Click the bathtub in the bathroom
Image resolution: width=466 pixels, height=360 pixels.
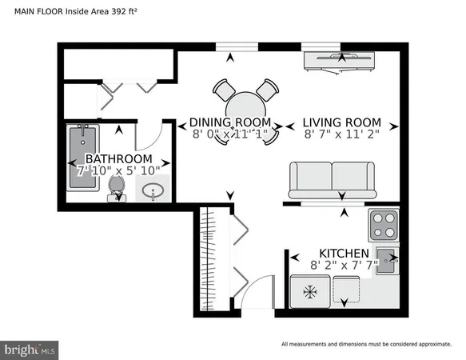82,158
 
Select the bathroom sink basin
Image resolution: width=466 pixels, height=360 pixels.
154,192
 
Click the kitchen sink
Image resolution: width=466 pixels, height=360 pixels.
386,260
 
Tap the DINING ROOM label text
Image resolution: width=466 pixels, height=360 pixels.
230,123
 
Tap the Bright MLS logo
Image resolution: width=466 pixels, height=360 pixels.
30,350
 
